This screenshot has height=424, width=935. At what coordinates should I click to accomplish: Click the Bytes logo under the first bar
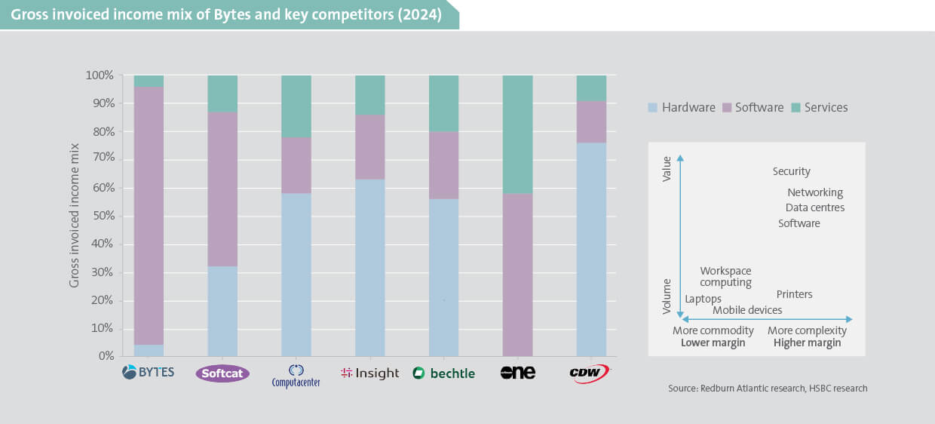(149, 372)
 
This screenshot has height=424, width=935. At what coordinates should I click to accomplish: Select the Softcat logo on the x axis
(222, 373)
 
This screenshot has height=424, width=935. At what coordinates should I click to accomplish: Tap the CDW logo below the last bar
(590, 373)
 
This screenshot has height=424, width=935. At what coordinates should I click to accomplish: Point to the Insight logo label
(369, 373)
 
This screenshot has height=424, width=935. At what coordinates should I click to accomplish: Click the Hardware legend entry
(681, 107)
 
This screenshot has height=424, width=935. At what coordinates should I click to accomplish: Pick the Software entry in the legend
(752, 107)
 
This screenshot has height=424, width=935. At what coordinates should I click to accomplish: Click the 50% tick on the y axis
(100, 216)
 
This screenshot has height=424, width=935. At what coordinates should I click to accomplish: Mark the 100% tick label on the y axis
(99, 75)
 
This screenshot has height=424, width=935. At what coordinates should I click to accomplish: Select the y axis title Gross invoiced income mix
(75, 216)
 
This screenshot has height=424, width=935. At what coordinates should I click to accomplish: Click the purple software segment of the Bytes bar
(149, 216)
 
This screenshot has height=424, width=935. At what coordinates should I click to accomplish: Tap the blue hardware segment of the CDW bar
(591, 249)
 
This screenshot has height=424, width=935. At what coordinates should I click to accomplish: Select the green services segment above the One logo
(517, 134)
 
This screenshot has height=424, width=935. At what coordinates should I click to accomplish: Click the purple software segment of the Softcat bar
(222, 189)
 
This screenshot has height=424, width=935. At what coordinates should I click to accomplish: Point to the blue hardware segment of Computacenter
(296, 275)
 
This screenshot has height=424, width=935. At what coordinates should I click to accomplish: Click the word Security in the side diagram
(791, 171)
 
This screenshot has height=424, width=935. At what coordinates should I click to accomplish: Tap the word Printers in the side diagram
(794, 294)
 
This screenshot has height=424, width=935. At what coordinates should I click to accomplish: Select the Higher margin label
(807, 343)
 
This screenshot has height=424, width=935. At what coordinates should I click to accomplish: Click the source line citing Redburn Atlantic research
(768, 389)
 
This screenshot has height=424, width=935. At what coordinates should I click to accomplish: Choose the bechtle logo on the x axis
(443, 373)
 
